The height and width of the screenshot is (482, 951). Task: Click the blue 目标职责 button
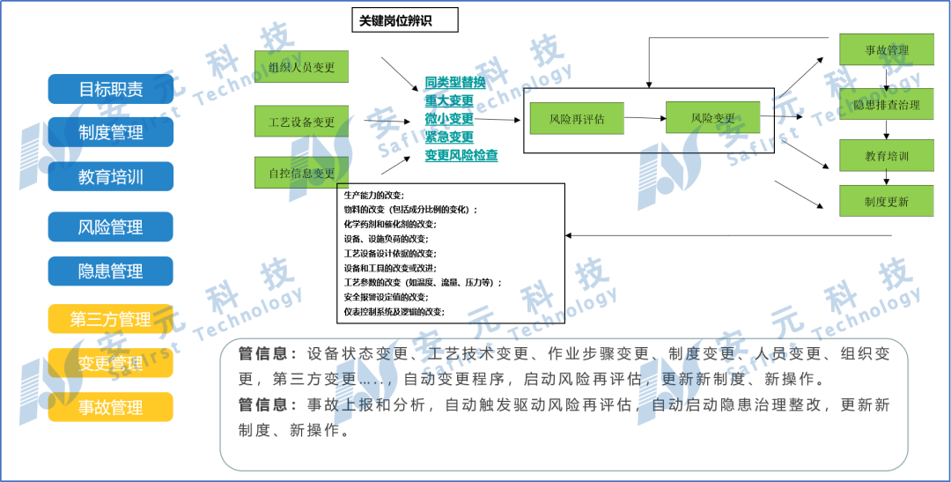tap(111, 89)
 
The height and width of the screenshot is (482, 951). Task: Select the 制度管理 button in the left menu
tap(111, 132)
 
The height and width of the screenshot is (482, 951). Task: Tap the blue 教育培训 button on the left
tap(111, 176)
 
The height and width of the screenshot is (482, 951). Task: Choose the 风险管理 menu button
tap(111, 227)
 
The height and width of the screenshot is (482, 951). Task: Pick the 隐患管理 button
tap(111, 271)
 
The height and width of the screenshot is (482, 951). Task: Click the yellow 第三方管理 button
tap(111, 319)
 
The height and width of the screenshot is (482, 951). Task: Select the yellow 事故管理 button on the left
tap(111, 407)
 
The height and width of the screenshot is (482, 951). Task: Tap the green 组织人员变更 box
tap(302, 67)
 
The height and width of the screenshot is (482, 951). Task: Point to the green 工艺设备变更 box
tap(302, 122)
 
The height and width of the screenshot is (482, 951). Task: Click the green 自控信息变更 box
tap(302, 173)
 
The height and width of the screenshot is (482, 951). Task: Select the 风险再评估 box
tap(578, 118)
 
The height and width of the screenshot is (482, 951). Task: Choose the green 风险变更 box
tap(712, 118)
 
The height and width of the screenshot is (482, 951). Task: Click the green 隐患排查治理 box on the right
tap(886, 105)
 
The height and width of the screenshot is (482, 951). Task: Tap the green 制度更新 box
tap(886, 202)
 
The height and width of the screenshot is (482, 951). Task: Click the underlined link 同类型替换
tap(455, 82)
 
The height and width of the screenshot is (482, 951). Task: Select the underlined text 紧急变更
tap(449, 137)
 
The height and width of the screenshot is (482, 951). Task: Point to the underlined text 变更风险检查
tap(461, 155)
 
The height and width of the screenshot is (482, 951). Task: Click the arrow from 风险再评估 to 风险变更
tap(645, 118)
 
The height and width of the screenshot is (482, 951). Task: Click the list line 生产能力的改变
tap(374, 195)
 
